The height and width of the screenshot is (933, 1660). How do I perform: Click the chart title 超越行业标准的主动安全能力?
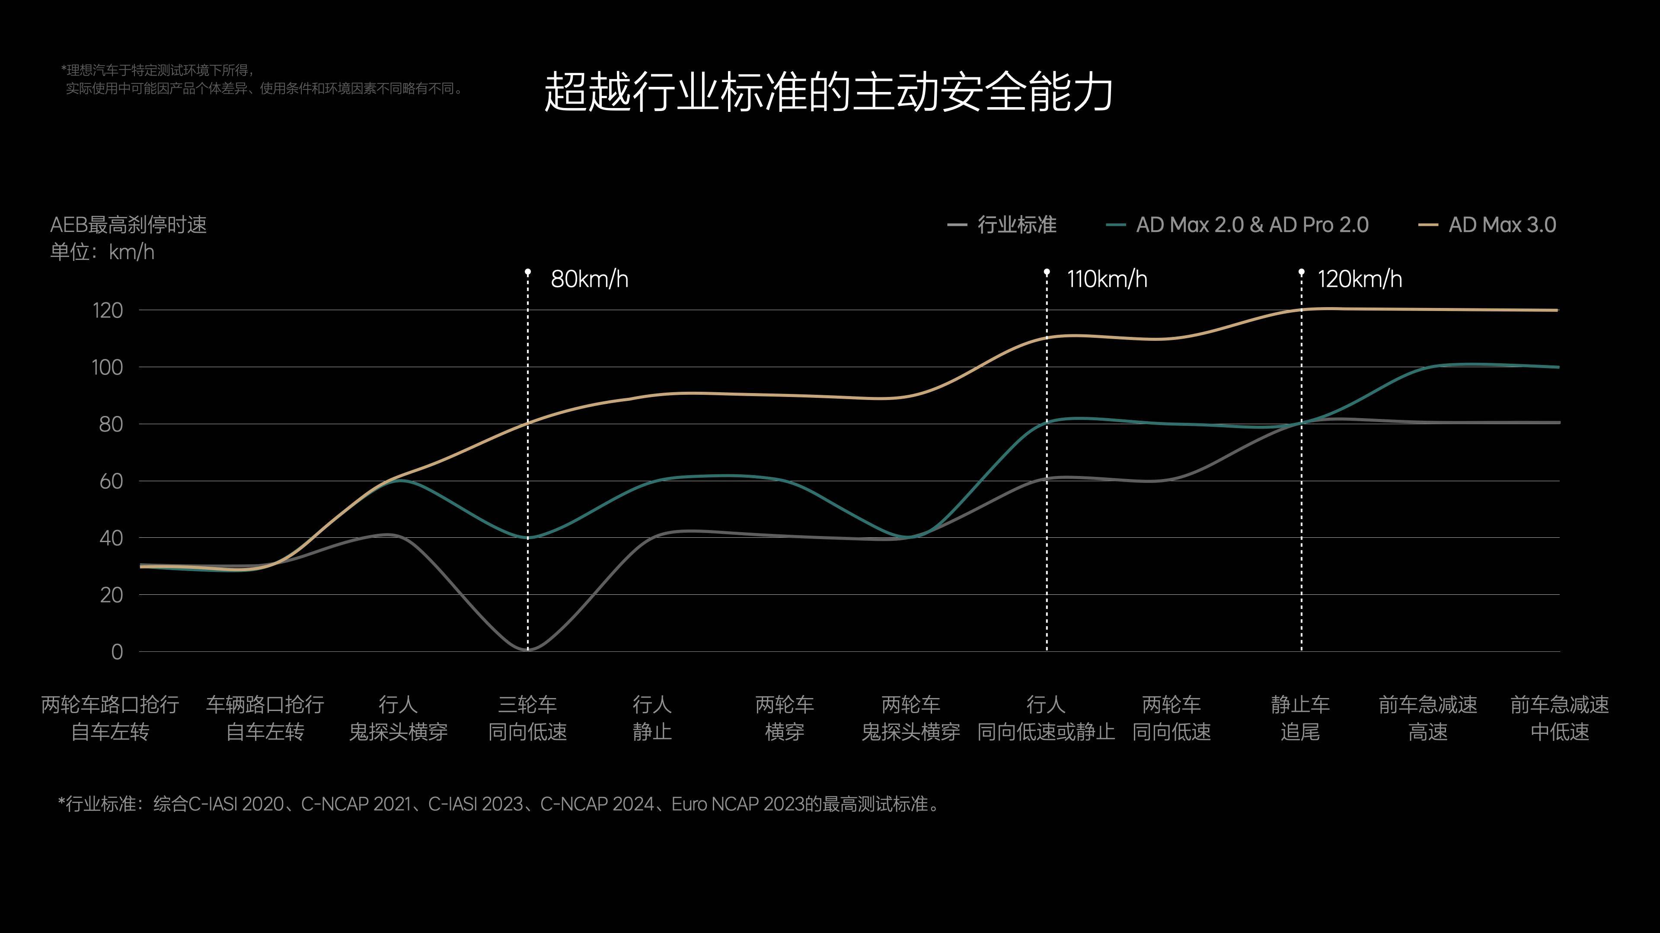(829, 92)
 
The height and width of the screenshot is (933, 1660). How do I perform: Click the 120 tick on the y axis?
(108, 311)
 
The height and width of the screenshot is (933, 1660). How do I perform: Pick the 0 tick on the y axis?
(117, 652)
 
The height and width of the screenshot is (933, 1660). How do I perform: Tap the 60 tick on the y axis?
(111, 482)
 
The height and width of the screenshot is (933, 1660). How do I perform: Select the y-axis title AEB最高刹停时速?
(128, 225)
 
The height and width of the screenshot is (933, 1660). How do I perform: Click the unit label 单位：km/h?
(102, 252)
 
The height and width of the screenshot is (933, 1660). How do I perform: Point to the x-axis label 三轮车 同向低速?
(527, 718)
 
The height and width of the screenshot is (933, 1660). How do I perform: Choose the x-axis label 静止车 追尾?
(1300, 718)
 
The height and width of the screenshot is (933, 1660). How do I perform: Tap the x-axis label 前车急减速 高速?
(1428, 718)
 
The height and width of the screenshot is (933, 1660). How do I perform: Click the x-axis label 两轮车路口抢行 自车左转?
(110, 718)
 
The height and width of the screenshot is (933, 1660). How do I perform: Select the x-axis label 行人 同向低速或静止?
(1045, 718)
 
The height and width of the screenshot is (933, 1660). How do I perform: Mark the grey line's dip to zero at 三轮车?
(527, 649)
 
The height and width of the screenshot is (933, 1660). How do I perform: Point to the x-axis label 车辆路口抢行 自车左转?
(265, 718)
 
